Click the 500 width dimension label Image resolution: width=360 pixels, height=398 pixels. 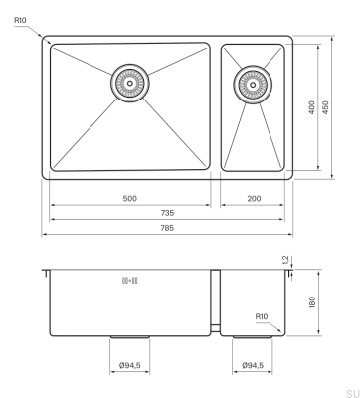pyautogui.click(x=130, y=199)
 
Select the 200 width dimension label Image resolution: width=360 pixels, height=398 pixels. pyautogui.click(x=254, y=199)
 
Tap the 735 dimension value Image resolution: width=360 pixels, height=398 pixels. pyautogui.click(x=167, y=213)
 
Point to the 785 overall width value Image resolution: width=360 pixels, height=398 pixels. pyautogui.click(x=167, y=228)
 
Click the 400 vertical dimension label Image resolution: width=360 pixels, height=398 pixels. pyautogui.click(x=312, y=107)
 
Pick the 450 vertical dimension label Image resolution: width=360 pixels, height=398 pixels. pyautogui.click(x=326, y=107)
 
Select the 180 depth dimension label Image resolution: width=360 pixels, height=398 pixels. pyautogui.click(x=312, y=302)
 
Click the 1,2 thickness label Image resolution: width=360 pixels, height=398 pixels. pyautogui.click(x=286, y=260)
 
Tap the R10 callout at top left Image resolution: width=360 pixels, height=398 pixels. pyautogui.click(x=20, y=20)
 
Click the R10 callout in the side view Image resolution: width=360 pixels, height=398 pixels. pyautogui.click(x=262, y=316)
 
